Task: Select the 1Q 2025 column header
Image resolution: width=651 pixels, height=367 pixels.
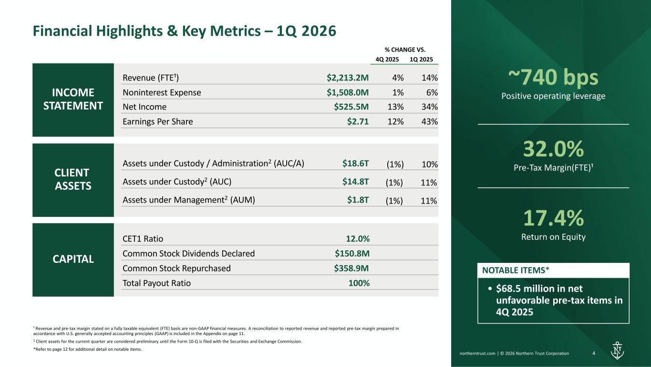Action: point(422,59)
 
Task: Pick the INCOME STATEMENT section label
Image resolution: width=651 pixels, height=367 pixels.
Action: point(73,99)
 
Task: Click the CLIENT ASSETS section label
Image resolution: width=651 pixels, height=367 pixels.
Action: point(73,179)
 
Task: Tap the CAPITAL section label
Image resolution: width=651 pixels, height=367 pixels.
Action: point(73,259)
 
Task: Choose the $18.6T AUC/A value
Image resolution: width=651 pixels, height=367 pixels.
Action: point(355,163)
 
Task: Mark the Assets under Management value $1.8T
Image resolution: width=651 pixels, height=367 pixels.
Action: point(358,200)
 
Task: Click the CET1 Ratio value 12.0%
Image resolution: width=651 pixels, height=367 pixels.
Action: point(358,239)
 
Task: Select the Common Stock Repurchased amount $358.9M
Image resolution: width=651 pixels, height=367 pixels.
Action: point(351,268)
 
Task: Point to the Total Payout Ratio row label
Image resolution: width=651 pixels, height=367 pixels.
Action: point(156,283)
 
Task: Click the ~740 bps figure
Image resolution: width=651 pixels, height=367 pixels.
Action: point(553,77)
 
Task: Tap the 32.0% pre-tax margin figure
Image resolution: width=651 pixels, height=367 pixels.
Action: point(553,149)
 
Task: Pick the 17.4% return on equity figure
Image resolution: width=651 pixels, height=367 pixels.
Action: point(553,218)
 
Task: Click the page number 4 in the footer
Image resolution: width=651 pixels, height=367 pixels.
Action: point(593,354)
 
